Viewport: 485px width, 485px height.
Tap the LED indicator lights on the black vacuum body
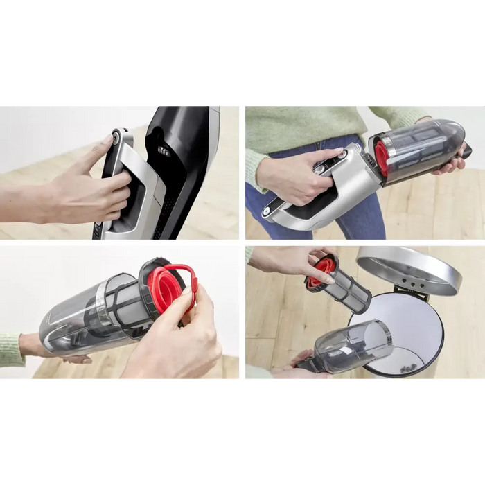[164, 150]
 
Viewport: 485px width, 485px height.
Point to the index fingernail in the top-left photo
[105, 140]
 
